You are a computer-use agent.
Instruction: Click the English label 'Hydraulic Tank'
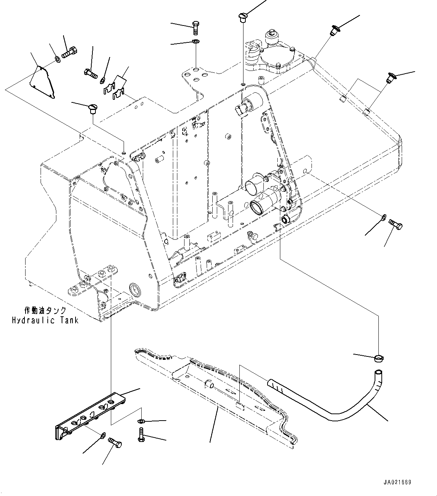[45, 320]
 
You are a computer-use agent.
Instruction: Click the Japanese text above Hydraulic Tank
[45, 311]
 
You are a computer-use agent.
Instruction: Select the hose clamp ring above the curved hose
[379, 359]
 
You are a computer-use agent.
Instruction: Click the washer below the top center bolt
[195, 41]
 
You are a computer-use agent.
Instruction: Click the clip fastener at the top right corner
[334, 30]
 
